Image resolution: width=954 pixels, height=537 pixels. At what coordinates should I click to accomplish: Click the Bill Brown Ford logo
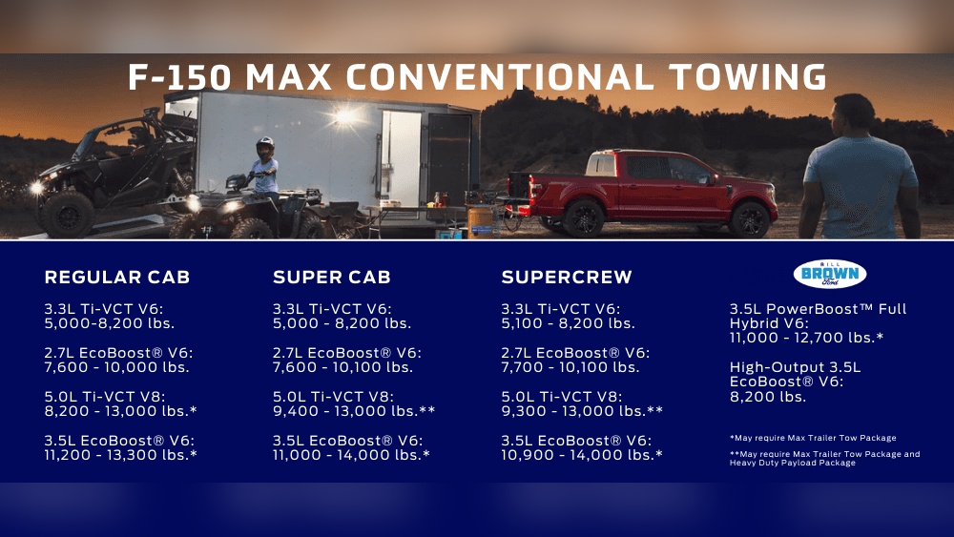tap(829, 274)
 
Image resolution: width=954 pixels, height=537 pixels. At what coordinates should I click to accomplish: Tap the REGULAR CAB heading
tap(117, 278)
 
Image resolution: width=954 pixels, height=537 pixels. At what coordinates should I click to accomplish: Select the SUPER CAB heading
tap(331, 278)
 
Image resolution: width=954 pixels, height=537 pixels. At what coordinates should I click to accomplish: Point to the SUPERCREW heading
tap(567, 278)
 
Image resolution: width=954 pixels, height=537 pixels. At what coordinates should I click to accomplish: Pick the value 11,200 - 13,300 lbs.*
tap(121, 455)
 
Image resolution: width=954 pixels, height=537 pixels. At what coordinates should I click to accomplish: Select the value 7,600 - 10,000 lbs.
tap(117, 367)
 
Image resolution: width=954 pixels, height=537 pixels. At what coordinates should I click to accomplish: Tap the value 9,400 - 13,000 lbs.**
tap(354, 411)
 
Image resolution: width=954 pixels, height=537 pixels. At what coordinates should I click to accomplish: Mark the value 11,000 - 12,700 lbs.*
tap(806, 338)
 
